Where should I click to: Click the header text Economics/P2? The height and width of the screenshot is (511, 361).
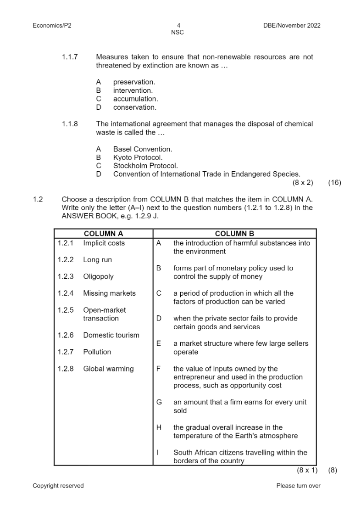coord(52,25)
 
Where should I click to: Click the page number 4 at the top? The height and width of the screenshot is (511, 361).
coord(178,25)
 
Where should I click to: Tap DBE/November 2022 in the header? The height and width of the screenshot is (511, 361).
coord(289,25)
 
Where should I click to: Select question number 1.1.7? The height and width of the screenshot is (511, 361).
coord(70,57)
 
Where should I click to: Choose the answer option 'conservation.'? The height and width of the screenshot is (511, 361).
coord(135,107)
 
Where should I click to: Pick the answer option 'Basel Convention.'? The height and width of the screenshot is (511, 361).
coord(143,149)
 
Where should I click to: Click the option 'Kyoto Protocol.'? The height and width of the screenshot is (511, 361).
coord(138,157)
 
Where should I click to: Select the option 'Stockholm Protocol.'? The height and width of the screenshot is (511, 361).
coord(145,166)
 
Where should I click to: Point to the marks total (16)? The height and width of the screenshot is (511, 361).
coord(335,183)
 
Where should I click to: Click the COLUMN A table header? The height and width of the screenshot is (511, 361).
coord(103,234)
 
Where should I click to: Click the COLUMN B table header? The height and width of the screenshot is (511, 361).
coord(234,234)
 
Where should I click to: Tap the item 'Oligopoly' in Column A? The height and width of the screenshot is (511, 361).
coord(98,276)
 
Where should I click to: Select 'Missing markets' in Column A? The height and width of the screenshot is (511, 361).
coord(109,293)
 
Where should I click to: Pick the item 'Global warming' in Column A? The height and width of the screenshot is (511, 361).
coord(108,369)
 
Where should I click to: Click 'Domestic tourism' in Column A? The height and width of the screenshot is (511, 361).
coord(111,335)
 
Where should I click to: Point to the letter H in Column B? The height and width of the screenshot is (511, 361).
coord(159,427)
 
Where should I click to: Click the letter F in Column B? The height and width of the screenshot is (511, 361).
coord(159,369)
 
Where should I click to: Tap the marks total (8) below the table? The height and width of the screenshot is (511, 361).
coord(333,470)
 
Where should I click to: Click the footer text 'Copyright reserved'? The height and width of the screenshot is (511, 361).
coord(58,486)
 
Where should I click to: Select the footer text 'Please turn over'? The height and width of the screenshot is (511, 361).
coord(298,486)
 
